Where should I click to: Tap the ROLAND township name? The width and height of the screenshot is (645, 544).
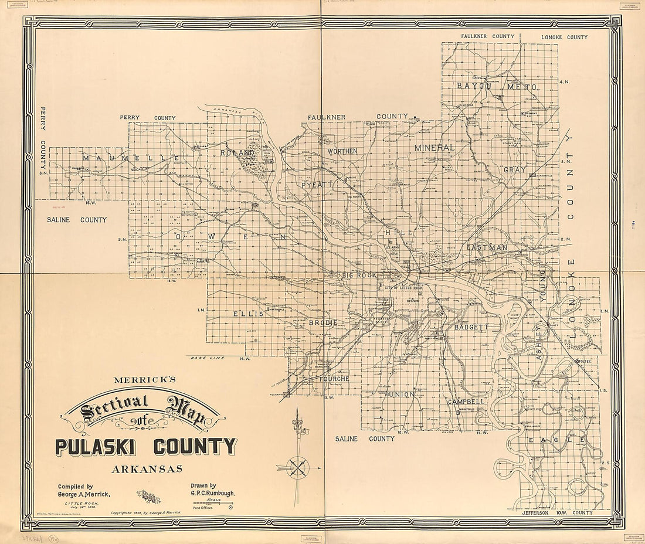237,153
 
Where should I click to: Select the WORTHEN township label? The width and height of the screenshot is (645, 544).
342,151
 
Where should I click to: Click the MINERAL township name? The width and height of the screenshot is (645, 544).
434,148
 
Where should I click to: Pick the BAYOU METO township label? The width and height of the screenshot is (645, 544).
497,86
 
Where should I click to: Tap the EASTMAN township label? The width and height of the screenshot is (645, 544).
487,248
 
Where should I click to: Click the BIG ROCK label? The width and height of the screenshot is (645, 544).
358,274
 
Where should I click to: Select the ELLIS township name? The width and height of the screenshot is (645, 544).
248,314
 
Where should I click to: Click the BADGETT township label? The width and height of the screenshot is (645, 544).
471,327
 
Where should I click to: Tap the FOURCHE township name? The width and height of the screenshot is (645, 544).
334,379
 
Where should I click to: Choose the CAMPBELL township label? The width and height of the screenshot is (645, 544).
466,402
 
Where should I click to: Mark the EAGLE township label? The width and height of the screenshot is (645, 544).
556,440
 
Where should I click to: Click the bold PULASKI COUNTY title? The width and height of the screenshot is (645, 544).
146,447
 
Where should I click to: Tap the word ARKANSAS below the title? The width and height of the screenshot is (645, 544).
147,469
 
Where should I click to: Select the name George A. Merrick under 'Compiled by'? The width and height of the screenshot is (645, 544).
84,495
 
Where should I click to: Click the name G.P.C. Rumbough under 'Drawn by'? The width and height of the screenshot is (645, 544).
213,494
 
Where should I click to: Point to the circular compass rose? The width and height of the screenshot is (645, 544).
299,467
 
